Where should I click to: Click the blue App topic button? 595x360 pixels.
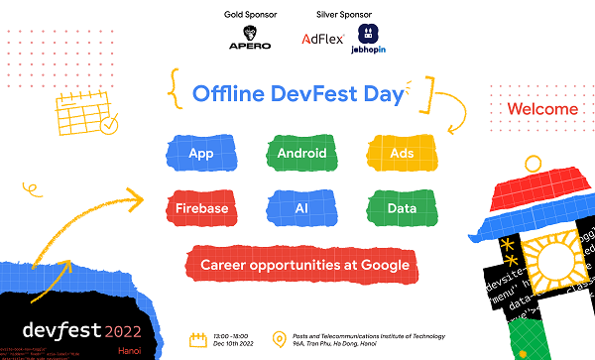tap(201, 154)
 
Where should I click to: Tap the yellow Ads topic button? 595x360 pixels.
tap(403, 154)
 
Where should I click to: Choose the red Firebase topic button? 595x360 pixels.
tap(201, 208)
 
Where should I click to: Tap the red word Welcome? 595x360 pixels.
tap(542, 108)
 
